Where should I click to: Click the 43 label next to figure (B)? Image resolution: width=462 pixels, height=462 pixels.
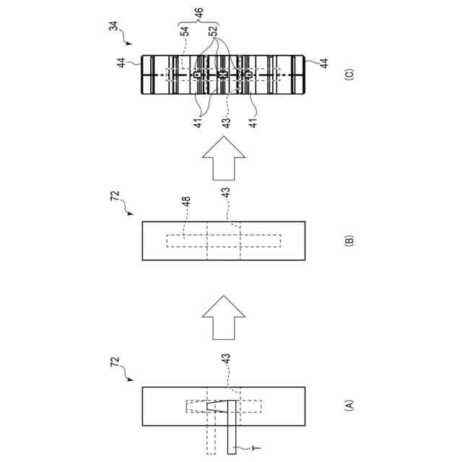(226, 193)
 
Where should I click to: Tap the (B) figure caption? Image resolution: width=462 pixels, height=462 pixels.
(349, 240)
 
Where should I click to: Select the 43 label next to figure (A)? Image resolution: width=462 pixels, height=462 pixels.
(227, 357)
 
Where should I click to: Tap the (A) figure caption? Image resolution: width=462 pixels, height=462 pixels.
(349, 406)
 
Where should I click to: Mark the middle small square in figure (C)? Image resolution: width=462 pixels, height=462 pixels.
(222, 75)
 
